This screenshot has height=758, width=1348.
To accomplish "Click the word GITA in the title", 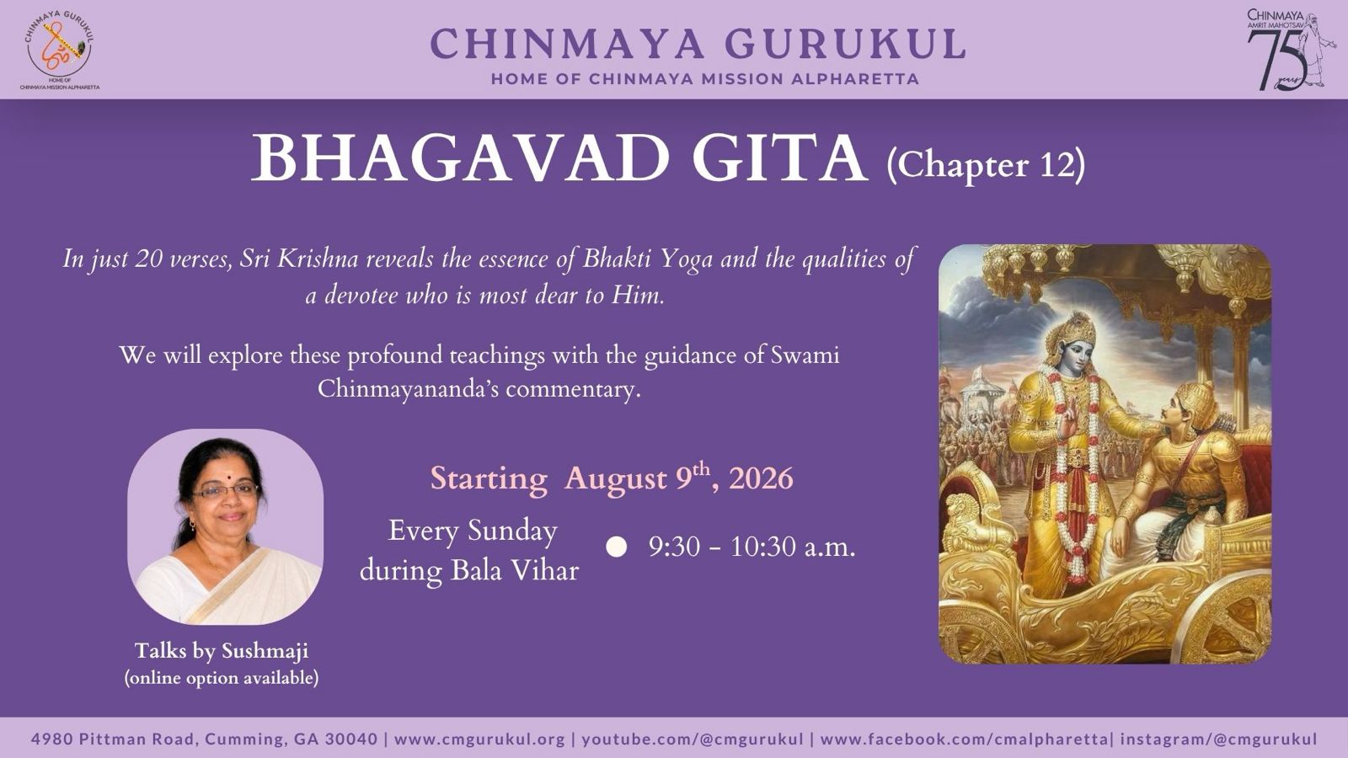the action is (x=780, y=158).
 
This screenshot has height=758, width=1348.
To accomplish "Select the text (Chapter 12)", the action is (x=986, y=165).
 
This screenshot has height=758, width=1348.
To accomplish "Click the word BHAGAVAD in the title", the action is (x=460, y=158).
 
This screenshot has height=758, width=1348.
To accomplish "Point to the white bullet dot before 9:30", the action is (x=616, y=547).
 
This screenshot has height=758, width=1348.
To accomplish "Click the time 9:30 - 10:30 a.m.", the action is (x=752, y=547).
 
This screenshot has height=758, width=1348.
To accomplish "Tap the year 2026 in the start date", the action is (x=761, y=479).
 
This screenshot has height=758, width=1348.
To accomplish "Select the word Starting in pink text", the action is (x=489, y=479).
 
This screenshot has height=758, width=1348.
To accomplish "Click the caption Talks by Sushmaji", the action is (x=222, y=651).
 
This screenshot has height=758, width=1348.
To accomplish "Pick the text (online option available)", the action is (x=222, y=678).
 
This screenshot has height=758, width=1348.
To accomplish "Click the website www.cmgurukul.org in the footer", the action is (x=479, y=739).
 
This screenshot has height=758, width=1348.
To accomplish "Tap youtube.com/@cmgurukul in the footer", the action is (x=693, y=739).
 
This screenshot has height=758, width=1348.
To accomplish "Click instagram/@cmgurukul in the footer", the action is (x=1218, y=739).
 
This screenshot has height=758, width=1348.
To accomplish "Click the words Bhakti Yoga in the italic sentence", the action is (x=648, y=259).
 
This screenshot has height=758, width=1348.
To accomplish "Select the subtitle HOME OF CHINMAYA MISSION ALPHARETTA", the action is (x=704, y=79).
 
